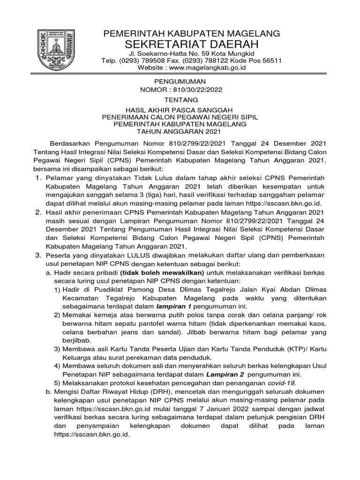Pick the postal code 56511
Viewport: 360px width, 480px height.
pyautogui.click(x=270, y=60)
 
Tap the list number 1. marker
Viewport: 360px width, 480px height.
pyautogui.click(x=39, y=178)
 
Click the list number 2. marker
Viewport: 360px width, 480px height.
pyautogui.click(x=39, y=212)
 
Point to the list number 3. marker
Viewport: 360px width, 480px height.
pyautogui.click(x=39, y=255)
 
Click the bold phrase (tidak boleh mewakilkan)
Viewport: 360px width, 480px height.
pyautogui.click(x=156, y=272)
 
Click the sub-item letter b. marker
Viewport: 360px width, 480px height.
pyautogui.click(x=48, y=392)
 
